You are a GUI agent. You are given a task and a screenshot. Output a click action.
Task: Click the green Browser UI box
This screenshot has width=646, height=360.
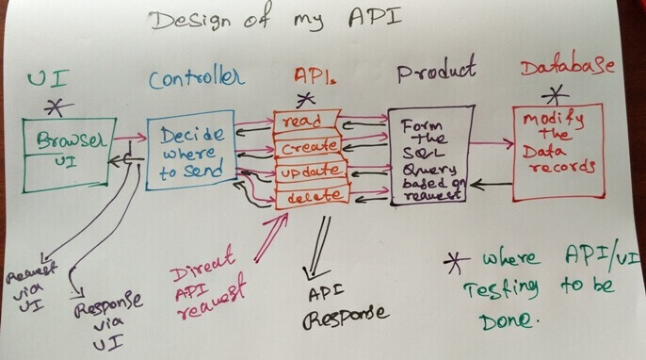point(68,152)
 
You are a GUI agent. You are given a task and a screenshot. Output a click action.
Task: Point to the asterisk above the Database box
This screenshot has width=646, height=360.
point(559,92)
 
